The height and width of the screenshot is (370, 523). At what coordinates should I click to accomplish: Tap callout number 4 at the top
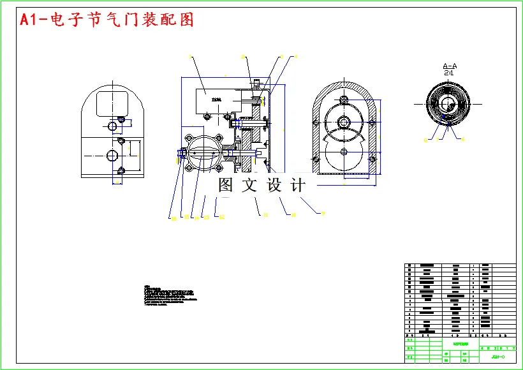click(295, 57)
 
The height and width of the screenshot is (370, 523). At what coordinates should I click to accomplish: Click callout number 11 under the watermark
click(265, 216)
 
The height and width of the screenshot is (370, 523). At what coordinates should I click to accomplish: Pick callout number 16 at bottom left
click(173, 218)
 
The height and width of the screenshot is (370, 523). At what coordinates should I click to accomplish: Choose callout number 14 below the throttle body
click(196, 218)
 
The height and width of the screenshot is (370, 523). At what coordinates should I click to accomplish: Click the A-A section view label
click(450, 66)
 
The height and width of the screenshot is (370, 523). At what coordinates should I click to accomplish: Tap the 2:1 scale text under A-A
click(449, 73)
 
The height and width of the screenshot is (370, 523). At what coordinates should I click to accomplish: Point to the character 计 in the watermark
click(297, 186)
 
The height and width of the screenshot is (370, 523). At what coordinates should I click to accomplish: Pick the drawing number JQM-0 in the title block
click(498, 356)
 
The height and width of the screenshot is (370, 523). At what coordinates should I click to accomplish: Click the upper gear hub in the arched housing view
click(344, 121)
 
